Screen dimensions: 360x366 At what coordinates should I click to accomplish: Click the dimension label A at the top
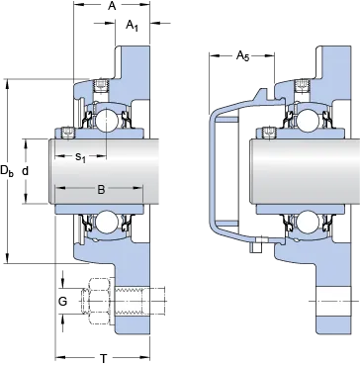click(112, 6)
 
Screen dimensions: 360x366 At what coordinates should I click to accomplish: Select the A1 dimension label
click(132, 26)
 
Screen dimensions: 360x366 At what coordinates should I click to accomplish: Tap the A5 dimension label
click(243, 56)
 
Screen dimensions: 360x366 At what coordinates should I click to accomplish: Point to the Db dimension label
click(7, 171)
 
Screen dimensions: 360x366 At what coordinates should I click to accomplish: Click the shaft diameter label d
click(26, 171)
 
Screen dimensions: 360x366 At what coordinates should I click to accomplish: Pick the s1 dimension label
click(80, 157)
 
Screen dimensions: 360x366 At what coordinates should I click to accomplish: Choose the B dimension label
click(101, 189)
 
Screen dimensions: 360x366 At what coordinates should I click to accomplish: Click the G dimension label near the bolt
click(62, 301)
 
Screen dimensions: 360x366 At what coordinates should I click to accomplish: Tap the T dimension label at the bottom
click(104, 358)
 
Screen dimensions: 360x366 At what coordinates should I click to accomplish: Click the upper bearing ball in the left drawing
click(106, 119)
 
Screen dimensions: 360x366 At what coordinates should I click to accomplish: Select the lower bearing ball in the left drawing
click(106, 221)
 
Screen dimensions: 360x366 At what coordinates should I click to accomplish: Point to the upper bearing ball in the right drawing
click(307, 119)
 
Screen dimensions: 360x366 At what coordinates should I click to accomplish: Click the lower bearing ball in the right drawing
click(307, 221)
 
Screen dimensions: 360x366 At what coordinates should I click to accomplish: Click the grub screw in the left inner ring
click(68, 133)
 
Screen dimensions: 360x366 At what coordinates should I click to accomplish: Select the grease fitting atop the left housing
click(101, 85)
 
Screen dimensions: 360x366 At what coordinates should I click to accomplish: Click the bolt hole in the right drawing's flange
click(333, 301)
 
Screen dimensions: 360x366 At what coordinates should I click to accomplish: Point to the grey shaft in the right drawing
click(305, 171)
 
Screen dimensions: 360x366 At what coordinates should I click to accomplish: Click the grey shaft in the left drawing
click(105, 171)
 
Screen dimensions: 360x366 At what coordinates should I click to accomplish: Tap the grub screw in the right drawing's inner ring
click(267, 133)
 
